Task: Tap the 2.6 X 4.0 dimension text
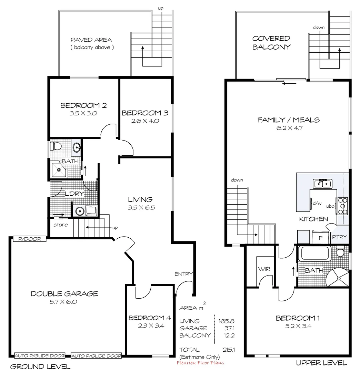(x=145, y=121)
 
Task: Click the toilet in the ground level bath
(x=54, y=146)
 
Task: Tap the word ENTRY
(x=183, y=274)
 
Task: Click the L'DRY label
(x=74, y=194)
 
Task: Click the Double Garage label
(x=64, y=293)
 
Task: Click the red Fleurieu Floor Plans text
(x=200, y=362)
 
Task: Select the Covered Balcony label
(x=271, y=43)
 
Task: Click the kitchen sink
(x=322, y=183)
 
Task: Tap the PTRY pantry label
(x=340, y=237)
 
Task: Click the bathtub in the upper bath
(x=316, y=254)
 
